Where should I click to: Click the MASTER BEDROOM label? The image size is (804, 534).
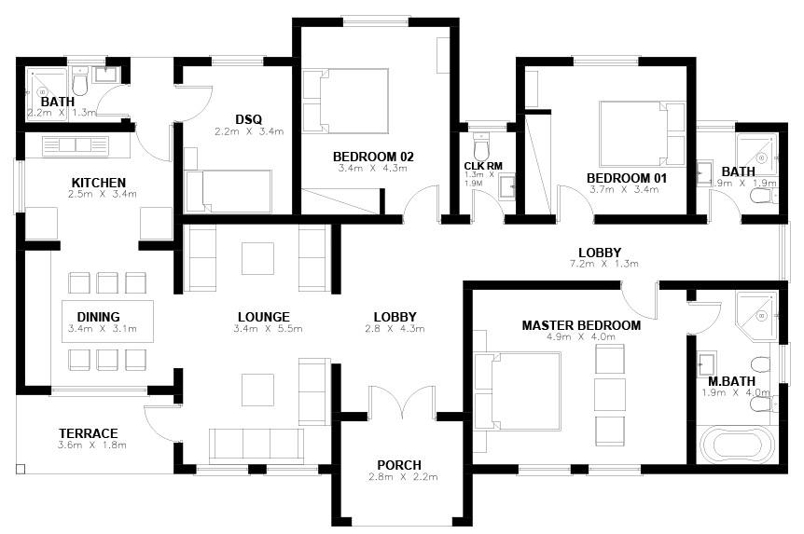pyautogui.click(x=581, y=325)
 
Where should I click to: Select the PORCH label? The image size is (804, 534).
pyautogui.click(x=399, y=465)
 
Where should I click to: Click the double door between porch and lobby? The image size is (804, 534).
pyautogui.click(x=402, y=399)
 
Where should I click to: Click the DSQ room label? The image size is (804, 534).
pyautogui.click(x=249, y=119)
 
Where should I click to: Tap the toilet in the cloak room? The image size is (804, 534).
pyautogui.click(x=481, y=146)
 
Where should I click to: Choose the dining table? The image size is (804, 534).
pyautogui.click(x=107, y=322)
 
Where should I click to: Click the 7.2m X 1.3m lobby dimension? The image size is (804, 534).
pyautogui.click(x=604, y=264)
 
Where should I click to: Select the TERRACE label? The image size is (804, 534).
pyautogui.click(x=89, y=433)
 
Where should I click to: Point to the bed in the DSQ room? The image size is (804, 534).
pyautogui.click(x=229, y=191)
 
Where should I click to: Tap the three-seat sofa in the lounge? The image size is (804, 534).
pyautogui.click(x=256, y=446)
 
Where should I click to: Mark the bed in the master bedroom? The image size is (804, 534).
pyautogui.click(x=518, y=391)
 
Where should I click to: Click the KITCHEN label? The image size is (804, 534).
pyautogui.click(x=99, y=183)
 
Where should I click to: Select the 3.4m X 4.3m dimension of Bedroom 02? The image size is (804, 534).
pyautogui.click(x=373, y=168)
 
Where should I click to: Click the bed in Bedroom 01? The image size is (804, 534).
pyautogui.click(x=643, y=134)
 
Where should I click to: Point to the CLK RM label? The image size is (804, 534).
pyautogui.click(x=483, y=166)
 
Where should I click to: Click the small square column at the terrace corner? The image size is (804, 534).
pyautogui.click(x=21, y=469)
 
